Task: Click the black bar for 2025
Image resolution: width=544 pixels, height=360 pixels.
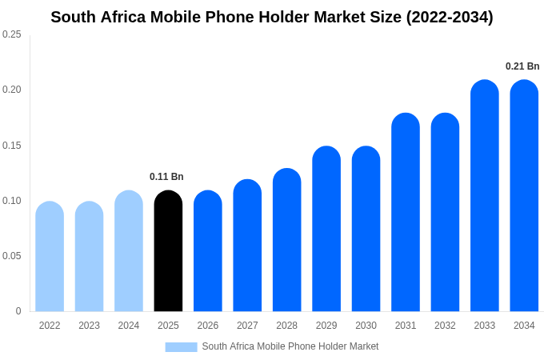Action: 168,251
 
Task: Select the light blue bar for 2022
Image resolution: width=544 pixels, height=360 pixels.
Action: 50,257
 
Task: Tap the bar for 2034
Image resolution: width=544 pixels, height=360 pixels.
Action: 524,196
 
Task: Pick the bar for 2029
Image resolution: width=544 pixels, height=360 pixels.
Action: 326,229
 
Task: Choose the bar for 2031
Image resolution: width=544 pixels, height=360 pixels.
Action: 406,213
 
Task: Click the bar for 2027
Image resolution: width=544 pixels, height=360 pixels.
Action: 247,246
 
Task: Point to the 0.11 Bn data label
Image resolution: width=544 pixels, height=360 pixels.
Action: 166,177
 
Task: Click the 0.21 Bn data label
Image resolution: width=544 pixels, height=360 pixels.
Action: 522,66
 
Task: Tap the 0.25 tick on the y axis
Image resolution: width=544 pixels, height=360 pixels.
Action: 12,34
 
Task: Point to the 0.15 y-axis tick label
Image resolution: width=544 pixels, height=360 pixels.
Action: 12,146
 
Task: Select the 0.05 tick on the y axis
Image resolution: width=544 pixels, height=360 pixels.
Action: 12,256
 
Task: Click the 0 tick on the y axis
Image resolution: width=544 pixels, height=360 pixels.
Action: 18,311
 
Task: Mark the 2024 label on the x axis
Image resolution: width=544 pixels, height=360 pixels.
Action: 129,326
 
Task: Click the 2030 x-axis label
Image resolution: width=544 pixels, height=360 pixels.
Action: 366,326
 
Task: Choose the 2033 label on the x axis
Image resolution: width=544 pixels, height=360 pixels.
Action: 484,326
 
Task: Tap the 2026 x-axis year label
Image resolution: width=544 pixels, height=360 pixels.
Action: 208,326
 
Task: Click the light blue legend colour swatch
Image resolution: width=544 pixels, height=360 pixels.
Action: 181,346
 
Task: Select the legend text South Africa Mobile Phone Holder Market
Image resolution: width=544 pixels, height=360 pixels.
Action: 290,346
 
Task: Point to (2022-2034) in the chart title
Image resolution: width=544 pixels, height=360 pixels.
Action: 450,17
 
